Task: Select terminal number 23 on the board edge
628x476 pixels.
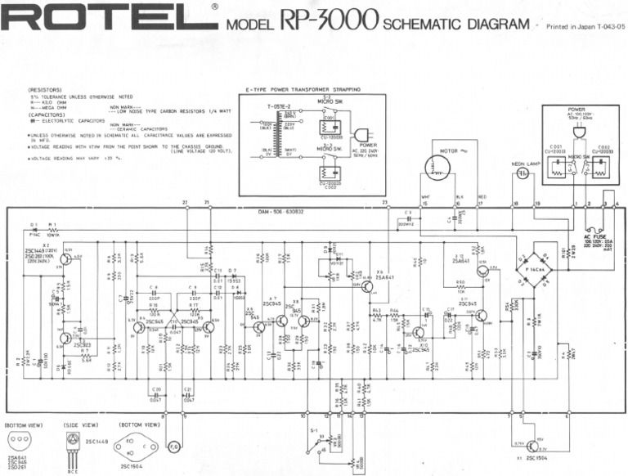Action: click(384, 201)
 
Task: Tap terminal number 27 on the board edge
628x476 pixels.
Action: click(186, 201)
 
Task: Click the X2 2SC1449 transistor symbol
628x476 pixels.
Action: click(65, 260)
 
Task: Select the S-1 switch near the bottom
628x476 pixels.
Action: click(317, 441)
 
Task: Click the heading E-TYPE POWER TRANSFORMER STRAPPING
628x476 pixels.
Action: click(302, 89)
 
